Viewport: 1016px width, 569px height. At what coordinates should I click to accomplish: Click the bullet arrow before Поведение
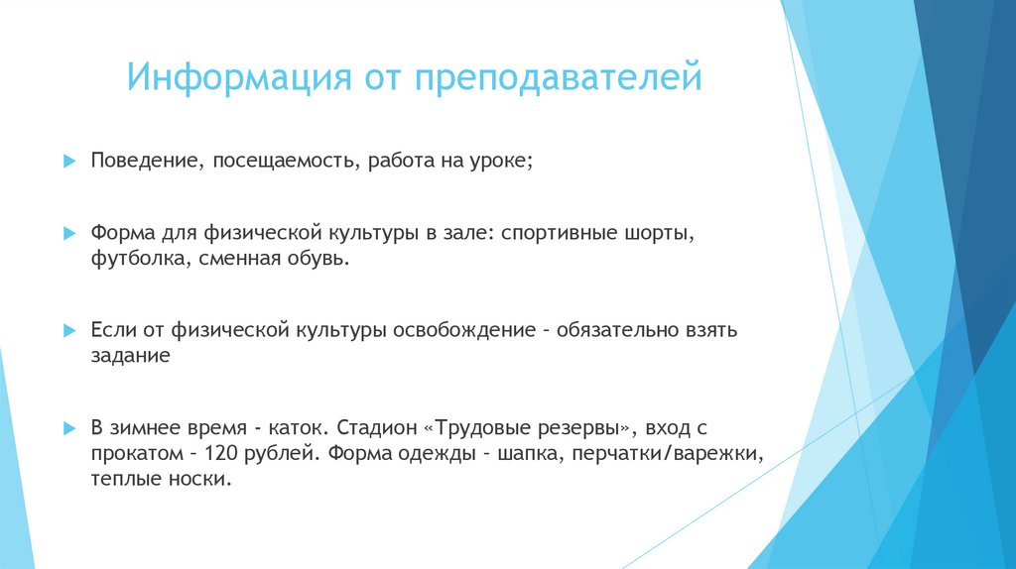point(69,161)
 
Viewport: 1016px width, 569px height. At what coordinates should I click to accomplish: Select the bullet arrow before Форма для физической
point(69,235)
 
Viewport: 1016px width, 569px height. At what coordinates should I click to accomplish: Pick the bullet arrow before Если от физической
point(69,329)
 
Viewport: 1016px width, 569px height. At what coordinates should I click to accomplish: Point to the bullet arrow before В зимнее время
point(69,429)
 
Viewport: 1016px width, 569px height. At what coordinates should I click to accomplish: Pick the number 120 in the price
point(218,454)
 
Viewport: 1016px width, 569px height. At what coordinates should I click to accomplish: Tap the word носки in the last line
point(203,480)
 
